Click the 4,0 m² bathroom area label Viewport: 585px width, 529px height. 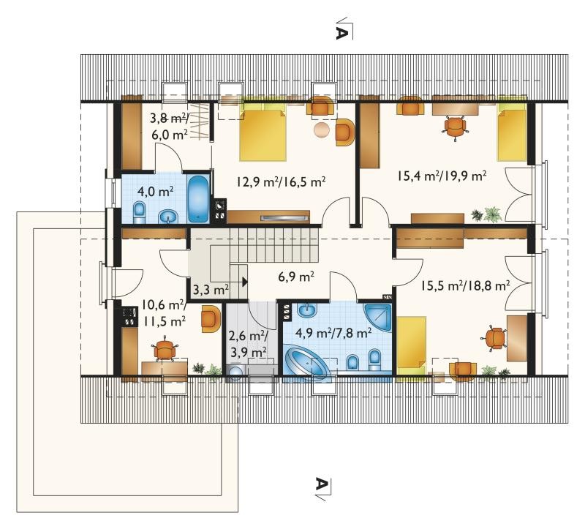[x=155, y=192]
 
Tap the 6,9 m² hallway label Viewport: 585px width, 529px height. [x=296, y=277]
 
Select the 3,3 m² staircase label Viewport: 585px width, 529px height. [x=211, y=290]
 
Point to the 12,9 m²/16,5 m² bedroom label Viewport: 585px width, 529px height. [x=282, y=181]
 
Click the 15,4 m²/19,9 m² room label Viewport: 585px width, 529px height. [x=442, y=176]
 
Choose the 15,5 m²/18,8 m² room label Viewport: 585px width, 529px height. [x=466, y=286]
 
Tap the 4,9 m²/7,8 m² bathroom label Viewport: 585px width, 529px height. [x=333, y=332]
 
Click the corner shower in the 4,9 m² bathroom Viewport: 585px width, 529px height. [x=378, y=318]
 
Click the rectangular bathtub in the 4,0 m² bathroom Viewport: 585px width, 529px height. [x=198, y=198]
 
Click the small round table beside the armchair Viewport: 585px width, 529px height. [x=322, y=130]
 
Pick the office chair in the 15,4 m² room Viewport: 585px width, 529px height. [x=455, y=127]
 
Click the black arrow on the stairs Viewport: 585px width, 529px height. [x=245, y=282]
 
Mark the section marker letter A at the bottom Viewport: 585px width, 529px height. [x=322, y=484]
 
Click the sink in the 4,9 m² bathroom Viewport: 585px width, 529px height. [x=307, y=309]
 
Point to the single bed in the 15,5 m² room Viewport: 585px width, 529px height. [x=411, y=346]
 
